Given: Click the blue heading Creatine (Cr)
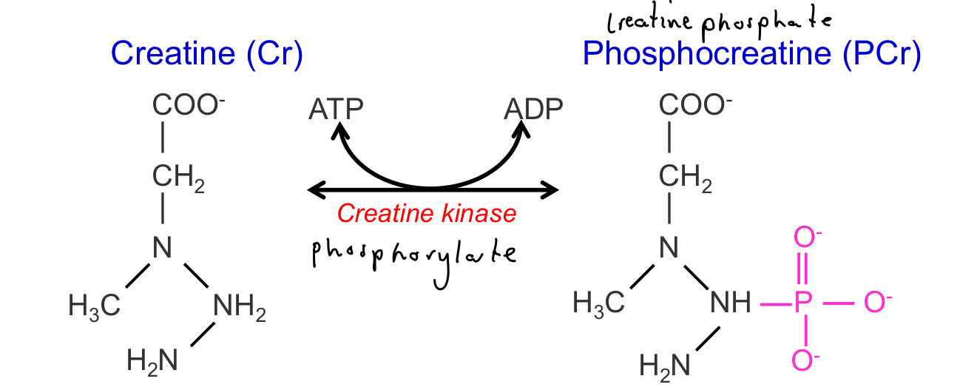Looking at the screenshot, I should [x=206, y=54].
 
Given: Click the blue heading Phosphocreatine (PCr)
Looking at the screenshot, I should [x=751, y=54].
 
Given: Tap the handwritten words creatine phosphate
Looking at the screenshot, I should [x=718, y=21].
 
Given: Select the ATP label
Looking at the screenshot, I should [x=336, y=110].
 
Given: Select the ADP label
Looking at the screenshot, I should [x=533, y=110].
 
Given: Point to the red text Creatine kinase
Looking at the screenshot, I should [x=426, y=214].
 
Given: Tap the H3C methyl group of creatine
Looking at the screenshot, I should [x=94, y=304].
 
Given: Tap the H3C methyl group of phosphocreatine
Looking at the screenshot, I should [x=599, y=303].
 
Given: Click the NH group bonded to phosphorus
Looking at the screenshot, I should [x=730, y=302].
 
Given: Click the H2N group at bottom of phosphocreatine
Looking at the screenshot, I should [x=664, y=365].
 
